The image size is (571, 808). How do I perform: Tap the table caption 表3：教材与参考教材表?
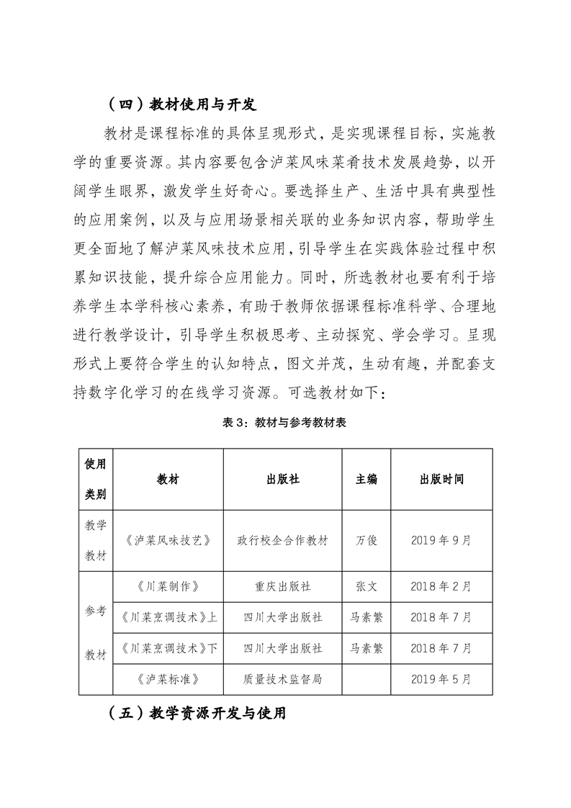285,423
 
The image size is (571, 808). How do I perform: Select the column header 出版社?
283,480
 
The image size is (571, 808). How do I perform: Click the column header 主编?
367,480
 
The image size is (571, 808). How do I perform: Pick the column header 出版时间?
441,480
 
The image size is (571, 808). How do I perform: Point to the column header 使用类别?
96,479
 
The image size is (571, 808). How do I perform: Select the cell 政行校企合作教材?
283,540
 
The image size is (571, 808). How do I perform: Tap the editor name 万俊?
367,540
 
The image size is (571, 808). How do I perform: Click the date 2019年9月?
441,540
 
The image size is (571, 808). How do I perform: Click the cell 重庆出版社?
283,585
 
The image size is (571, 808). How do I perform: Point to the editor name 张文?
367,585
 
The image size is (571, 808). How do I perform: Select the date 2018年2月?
441,585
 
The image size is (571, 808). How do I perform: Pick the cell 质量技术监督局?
283,679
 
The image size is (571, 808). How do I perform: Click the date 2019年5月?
441,679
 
